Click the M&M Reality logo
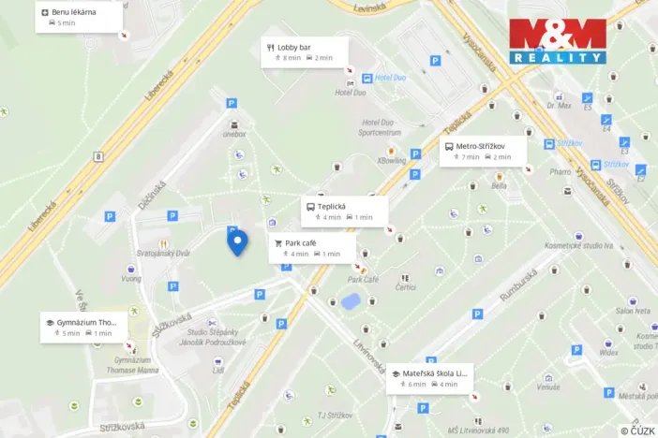[557, 41]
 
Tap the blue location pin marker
[237, 242]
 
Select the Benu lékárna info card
[79, 17]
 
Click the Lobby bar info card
[305, 51]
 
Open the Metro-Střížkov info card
[482, 151]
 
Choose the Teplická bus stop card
[344, 211]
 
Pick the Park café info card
[313, 247]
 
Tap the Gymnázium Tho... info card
[82, 327]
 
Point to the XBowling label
[392, 161]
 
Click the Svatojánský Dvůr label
[163, 253]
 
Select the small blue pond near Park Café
[351, 302]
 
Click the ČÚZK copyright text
[637, 431]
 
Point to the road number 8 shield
[98, 156]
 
